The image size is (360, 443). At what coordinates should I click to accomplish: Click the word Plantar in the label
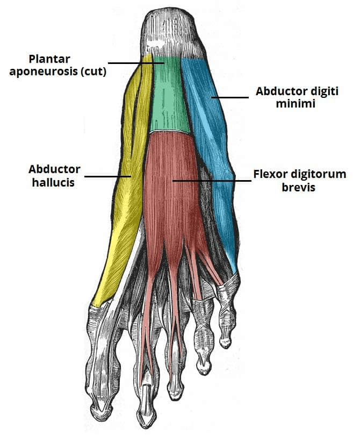[x=49, y=59]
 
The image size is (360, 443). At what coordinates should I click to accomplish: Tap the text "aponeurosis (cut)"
[x=58, y=72]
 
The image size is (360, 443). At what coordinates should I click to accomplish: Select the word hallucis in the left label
[x=53, y=182]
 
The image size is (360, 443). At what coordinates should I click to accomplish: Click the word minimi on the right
[x=296, y=104]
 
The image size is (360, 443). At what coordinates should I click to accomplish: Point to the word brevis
[x=298, y=187]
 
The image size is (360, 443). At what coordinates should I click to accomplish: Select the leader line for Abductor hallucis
[x=108, y=176]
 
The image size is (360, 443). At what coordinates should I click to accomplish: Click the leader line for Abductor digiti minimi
[x=230, y=97]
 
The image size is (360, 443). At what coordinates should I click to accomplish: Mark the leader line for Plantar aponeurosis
[x=136, y=63]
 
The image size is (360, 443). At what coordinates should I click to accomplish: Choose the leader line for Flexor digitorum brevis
[x=212, y=181]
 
